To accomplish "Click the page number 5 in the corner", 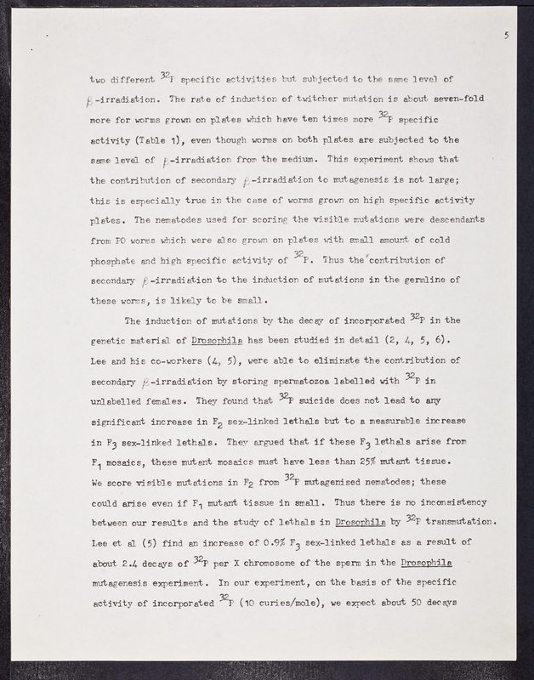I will [x=506, y=35].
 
